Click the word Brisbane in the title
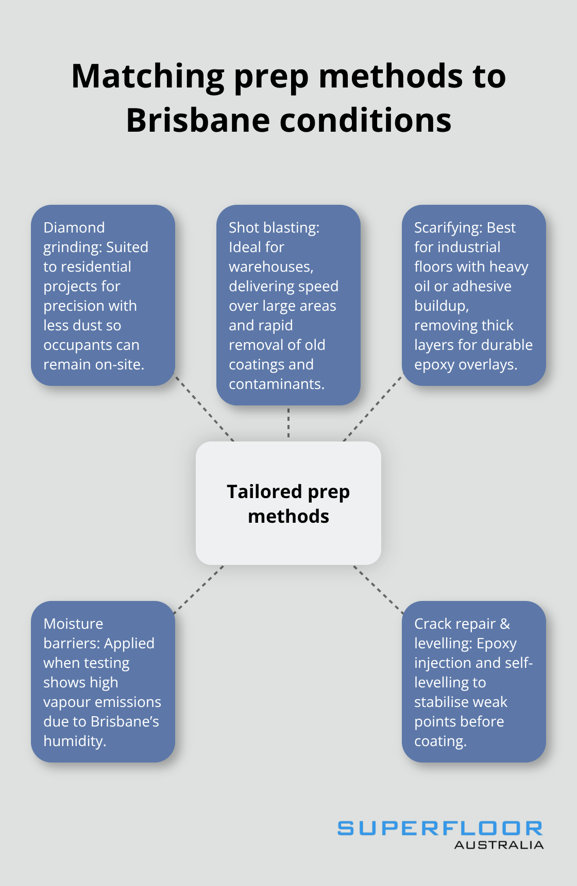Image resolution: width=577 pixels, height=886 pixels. (x=198, y=120)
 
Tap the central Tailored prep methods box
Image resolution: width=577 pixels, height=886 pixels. (x=288, y=503)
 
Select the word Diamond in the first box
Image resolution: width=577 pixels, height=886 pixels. (x=74, y=227)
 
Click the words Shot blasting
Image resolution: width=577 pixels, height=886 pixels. (x=274, y=227)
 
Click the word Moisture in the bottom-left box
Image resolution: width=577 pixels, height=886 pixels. (x=73, y=624)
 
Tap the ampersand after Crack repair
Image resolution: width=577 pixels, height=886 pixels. (x=505, y=624)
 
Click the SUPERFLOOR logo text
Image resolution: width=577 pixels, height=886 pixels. (x=440, y=828)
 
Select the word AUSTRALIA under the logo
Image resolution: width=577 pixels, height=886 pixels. (x=499, y=845)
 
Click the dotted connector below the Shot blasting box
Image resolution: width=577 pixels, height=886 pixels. (x=288, y=423)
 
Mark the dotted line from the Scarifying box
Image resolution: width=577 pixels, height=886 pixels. (x=372, y=408)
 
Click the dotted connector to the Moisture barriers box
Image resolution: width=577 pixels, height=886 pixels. (x=199, y=590)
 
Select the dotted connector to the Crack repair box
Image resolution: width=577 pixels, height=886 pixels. (x=378, y=590)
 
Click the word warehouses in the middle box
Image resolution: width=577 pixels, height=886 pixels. (x=271, y=267)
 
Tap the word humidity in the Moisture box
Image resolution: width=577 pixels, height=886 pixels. (x=75, y=741)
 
